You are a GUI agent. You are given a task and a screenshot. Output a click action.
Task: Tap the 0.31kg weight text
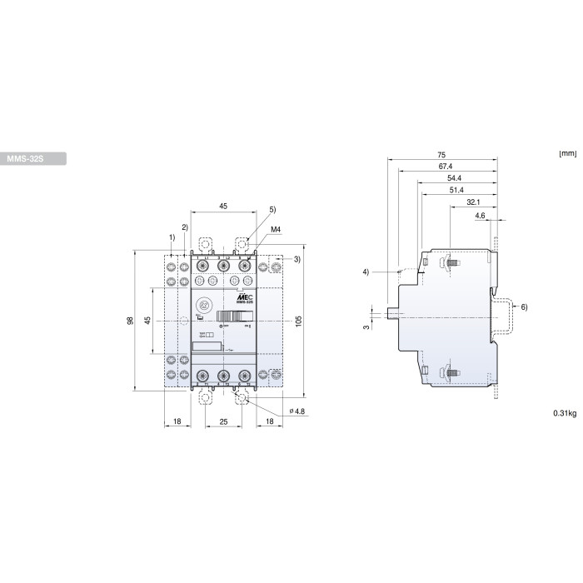point(564,413)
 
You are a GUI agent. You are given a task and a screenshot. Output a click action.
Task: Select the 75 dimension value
point(442,155)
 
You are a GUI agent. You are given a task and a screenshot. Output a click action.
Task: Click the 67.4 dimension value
point(446,167)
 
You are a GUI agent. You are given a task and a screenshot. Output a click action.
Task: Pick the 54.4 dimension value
point(455,178)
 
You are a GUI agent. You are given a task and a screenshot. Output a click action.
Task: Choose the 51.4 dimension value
point(456,191)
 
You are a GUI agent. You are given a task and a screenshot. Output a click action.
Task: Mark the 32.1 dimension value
point(472,202)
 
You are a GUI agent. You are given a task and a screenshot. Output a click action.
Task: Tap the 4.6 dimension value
point(480,215)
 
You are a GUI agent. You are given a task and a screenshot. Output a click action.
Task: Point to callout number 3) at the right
point(297,260)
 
